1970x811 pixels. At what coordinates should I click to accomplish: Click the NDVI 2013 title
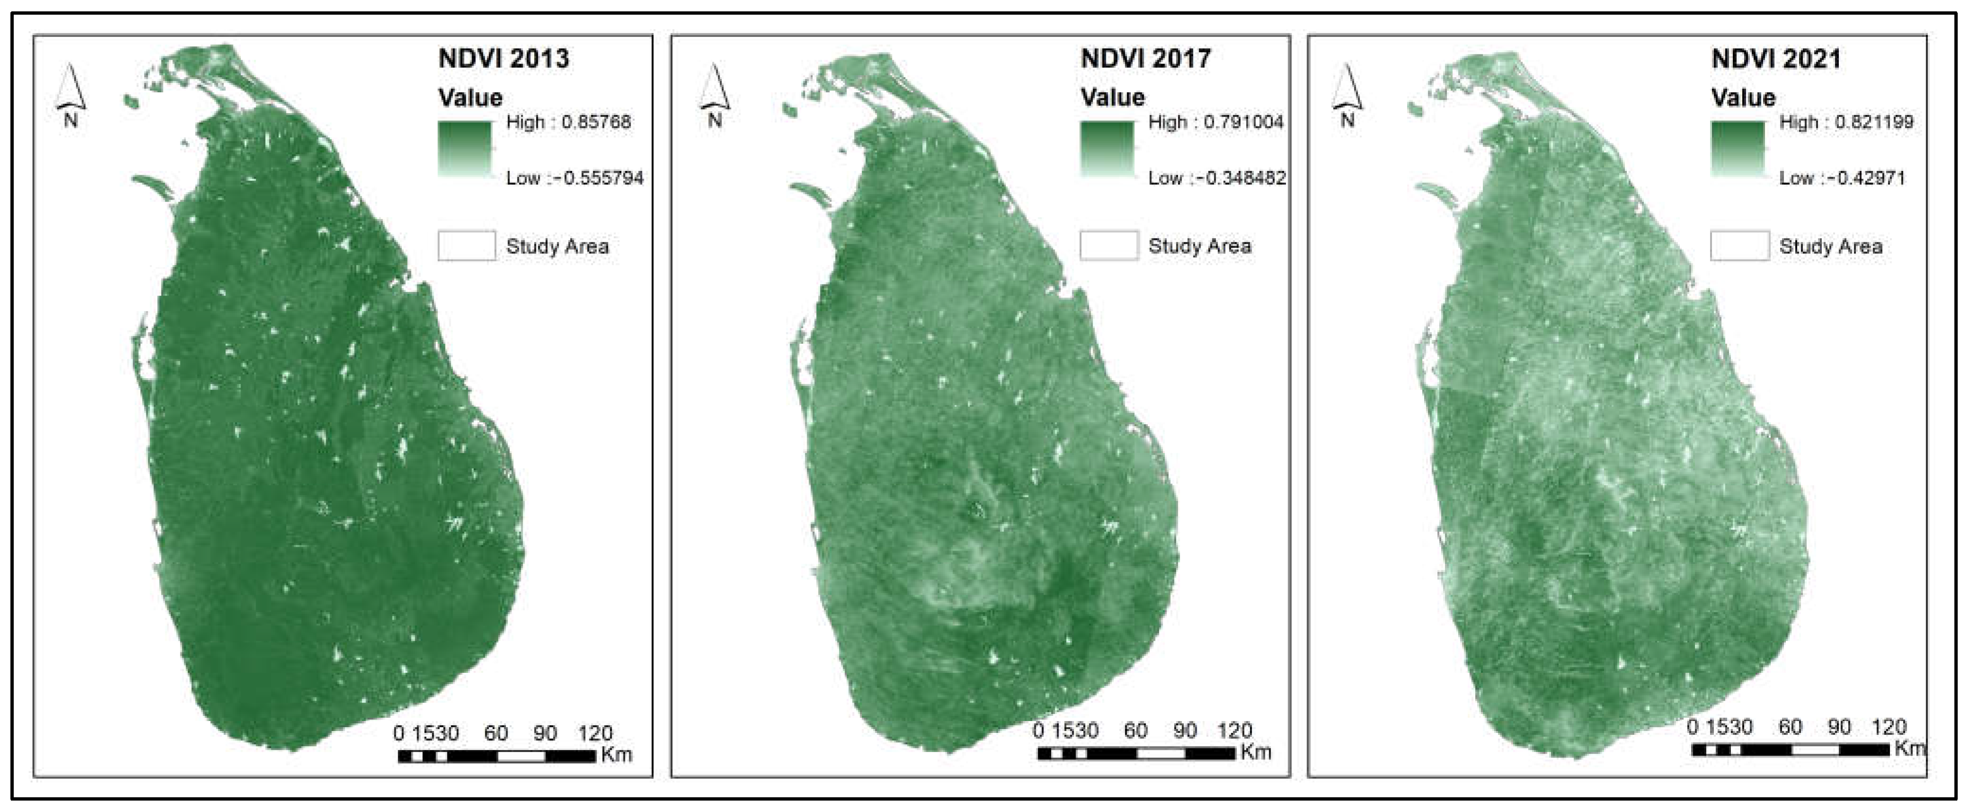coord(503,59)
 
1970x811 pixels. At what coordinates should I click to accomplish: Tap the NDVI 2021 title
coord(1776,59)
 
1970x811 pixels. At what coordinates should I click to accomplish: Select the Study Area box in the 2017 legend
coord(1108,246)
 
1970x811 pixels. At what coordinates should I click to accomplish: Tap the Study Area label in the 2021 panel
coord(1830,246)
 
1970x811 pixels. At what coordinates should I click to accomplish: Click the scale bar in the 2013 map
coord(496,757)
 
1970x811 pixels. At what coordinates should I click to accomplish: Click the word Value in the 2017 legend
coord(1113,98)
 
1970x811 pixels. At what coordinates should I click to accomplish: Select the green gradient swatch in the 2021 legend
coord(1738,149)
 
